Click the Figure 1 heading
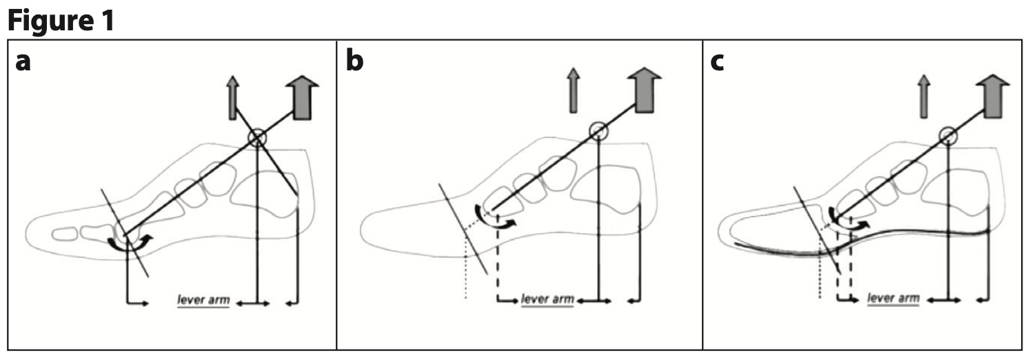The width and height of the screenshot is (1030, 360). point(60,20)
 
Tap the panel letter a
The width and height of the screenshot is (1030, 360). point(24,61)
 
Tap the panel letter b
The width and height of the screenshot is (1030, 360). point(354,61)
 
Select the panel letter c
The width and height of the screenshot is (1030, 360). point(718,62)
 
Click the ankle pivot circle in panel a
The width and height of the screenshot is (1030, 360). point(256,138)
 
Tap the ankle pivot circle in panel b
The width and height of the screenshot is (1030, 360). point(598,130)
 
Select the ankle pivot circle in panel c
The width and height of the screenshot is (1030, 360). point(949,136)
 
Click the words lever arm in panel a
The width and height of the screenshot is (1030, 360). point(203,300)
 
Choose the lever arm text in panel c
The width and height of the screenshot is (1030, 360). point(893,299)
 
